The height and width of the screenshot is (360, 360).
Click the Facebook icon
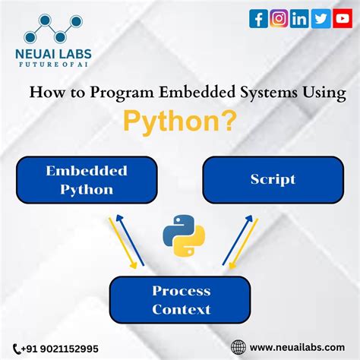click(258, 19)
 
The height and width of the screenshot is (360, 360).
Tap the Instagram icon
click(279, 19)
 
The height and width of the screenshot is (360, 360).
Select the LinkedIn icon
click(299, 19)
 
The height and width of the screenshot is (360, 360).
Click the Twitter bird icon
click(320, 19)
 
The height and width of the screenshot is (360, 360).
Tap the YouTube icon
click(341, 19)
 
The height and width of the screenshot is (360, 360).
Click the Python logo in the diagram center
click(180, 237)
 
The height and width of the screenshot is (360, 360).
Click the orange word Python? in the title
click(180, 122)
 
